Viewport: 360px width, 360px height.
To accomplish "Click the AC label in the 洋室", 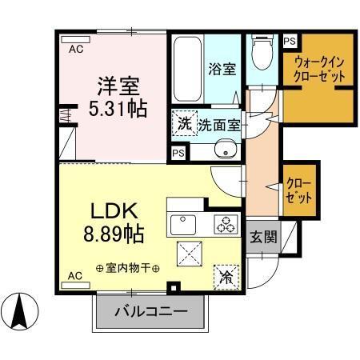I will pos(75,49).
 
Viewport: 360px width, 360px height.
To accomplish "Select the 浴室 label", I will pos(223,69).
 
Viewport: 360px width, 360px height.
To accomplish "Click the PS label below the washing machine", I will pos(178,151).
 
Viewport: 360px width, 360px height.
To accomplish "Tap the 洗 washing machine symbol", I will pos(184,124).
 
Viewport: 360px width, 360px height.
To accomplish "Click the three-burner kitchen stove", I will pos(226,224).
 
